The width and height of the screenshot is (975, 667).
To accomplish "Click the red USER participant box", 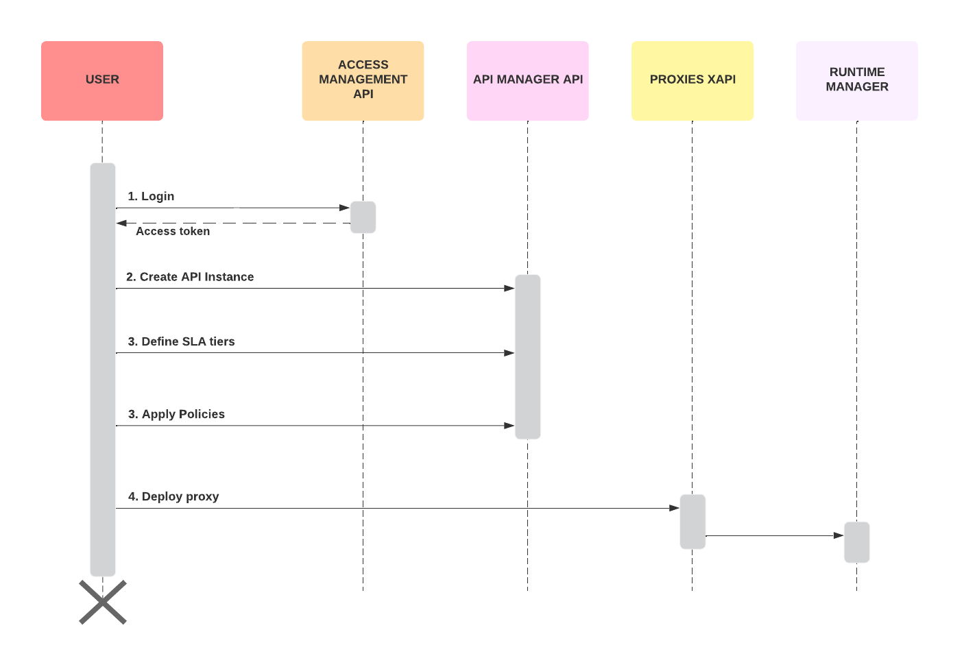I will (102, 81).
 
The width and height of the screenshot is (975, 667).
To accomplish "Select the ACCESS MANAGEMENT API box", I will (363, 81).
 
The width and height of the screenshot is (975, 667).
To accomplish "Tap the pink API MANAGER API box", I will (527, 81).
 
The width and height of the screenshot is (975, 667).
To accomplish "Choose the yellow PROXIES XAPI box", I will (692, 81).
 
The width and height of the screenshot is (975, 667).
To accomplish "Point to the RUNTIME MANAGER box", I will (856, 81).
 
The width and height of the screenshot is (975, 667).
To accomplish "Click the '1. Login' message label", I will (151, 197).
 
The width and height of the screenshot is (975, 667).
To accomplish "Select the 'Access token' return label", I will (173, 232).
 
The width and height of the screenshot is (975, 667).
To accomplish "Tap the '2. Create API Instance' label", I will (190, 277).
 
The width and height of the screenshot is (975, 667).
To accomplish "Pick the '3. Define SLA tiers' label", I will (181, 341).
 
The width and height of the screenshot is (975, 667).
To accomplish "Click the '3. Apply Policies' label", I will (176, 414).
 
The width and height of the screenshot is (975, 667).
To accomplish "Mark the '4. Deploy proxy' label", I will (173, 496).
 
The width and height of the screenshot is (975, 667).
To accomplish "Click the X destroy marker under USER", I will (103, 602).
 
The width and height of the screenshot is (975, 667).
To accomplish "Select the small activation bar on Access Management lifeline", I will (363, 217).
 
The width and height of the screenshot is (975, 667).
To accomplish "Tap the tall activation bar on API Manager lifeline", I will (527, 356).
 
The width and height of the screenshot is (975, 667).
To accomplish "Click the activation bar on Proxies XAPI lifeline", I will (693, 522).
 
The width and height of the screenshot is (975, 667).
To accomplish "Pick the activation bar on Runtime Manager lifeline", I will (856, 542).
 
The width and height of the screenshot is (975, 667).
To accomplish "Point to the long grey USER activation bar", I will (103, 370).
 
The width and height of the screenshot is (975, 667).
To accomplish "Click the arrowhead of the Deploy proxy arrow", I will (674, 508).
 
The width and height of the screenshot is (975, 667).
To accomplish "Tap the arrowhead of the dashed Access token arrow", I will (122, 223).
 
